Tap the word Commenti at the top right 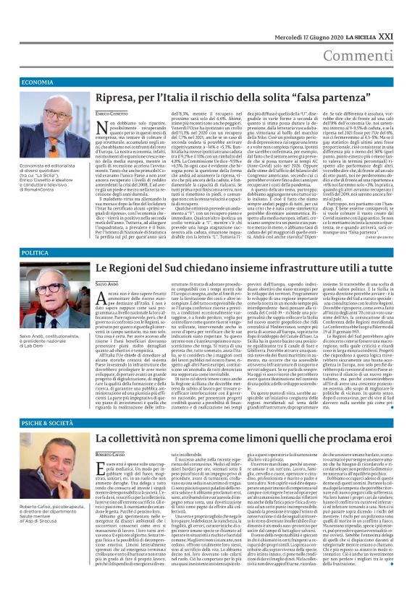(379, 56)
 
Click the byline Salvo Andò (106, 286)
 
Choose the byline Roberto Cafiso (111, 455)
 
